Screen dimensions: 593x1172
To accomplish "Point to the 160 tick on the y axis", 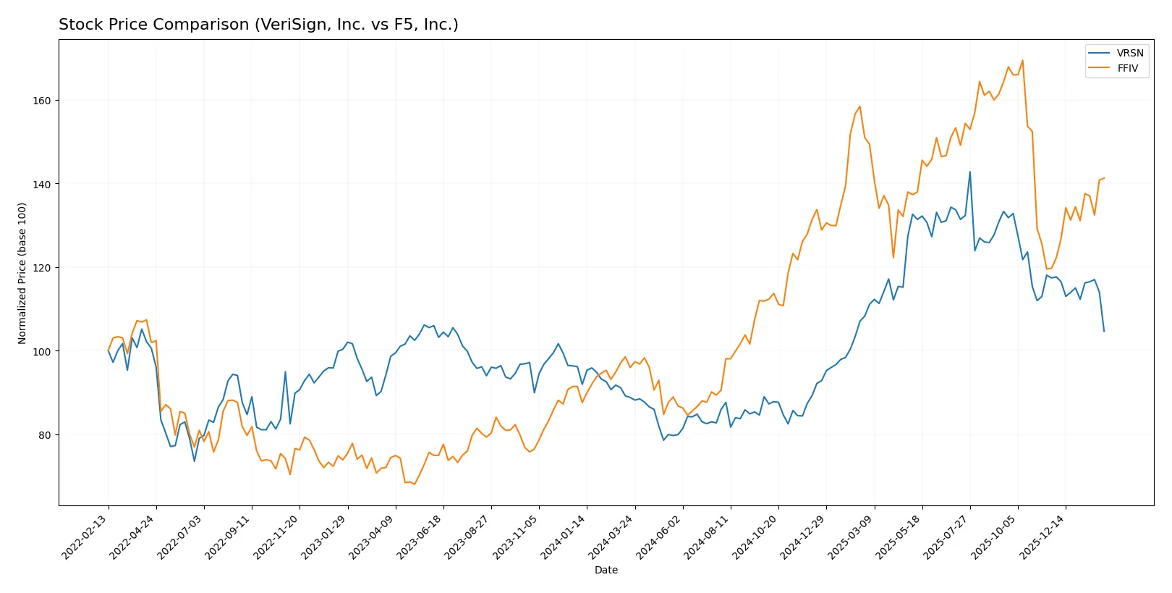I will point(42,101).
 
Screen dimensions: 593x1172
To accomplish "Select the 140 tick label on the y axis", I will point(42,185).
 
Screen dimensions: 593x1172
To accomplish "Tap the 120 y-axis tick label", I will point(42,268).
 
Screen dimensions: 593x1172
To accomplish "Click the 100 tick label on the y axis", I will point(42,352).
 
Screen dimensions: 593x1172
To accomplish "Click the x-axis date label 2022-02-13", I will point(85,537).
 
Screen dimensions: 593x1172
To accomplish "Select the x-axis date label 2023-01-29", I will point(325,537).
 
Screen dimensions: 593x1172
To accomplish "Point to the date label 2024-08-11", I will point(708,537).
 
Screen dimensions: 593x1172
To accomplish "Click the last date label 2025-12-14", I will point(1043,537).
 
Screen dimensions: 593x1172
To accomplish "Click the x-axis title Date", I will point(606,571).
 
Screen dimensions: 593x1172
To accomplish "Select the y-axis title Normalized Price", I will point(22,273).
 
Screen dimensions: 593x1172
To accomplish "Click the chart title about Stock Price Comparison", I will point(258,25).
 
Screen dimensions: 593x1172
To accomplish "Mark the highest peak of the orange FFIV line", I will point(1022,60).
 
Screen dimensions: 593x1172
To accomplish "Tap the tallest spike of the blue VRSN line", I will point(969,172).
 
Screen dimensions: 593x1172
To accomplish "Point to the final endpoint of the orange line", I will point(1104,178).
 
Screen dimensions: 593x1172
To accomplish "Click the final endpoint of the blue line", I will point(1104,331).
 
